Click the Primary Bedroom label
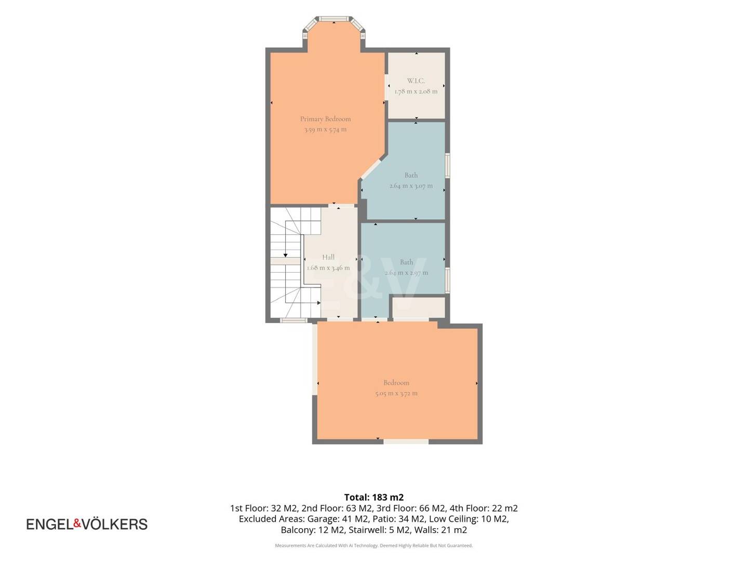[x=325, y=119]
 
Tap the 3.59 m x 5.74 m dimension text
[x=325, y=129]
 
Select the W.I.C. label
[x=416, y=81]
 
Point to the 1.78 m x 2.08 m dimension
[x=416, y=91]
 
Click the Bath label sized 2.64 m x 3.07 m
[x=411, y=175]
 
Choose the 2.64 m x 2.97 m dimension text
[x=406, y=273]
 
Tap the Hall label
[x=328, y=257]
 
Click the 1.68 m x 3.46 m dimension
[x=328, y=268]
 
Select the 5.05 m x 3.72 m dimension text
[x=396, y=393]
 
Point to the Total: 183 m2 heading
[x=374, y=497]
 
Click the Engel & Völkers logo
[x=87, y=524]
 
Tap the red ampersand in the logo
[x=77, y=523]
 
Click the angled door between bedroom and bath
[x=370, y=169]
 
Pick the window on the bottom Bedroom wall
[x=406, y=442]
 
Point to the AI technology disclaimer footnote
[x=374, y=545]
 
